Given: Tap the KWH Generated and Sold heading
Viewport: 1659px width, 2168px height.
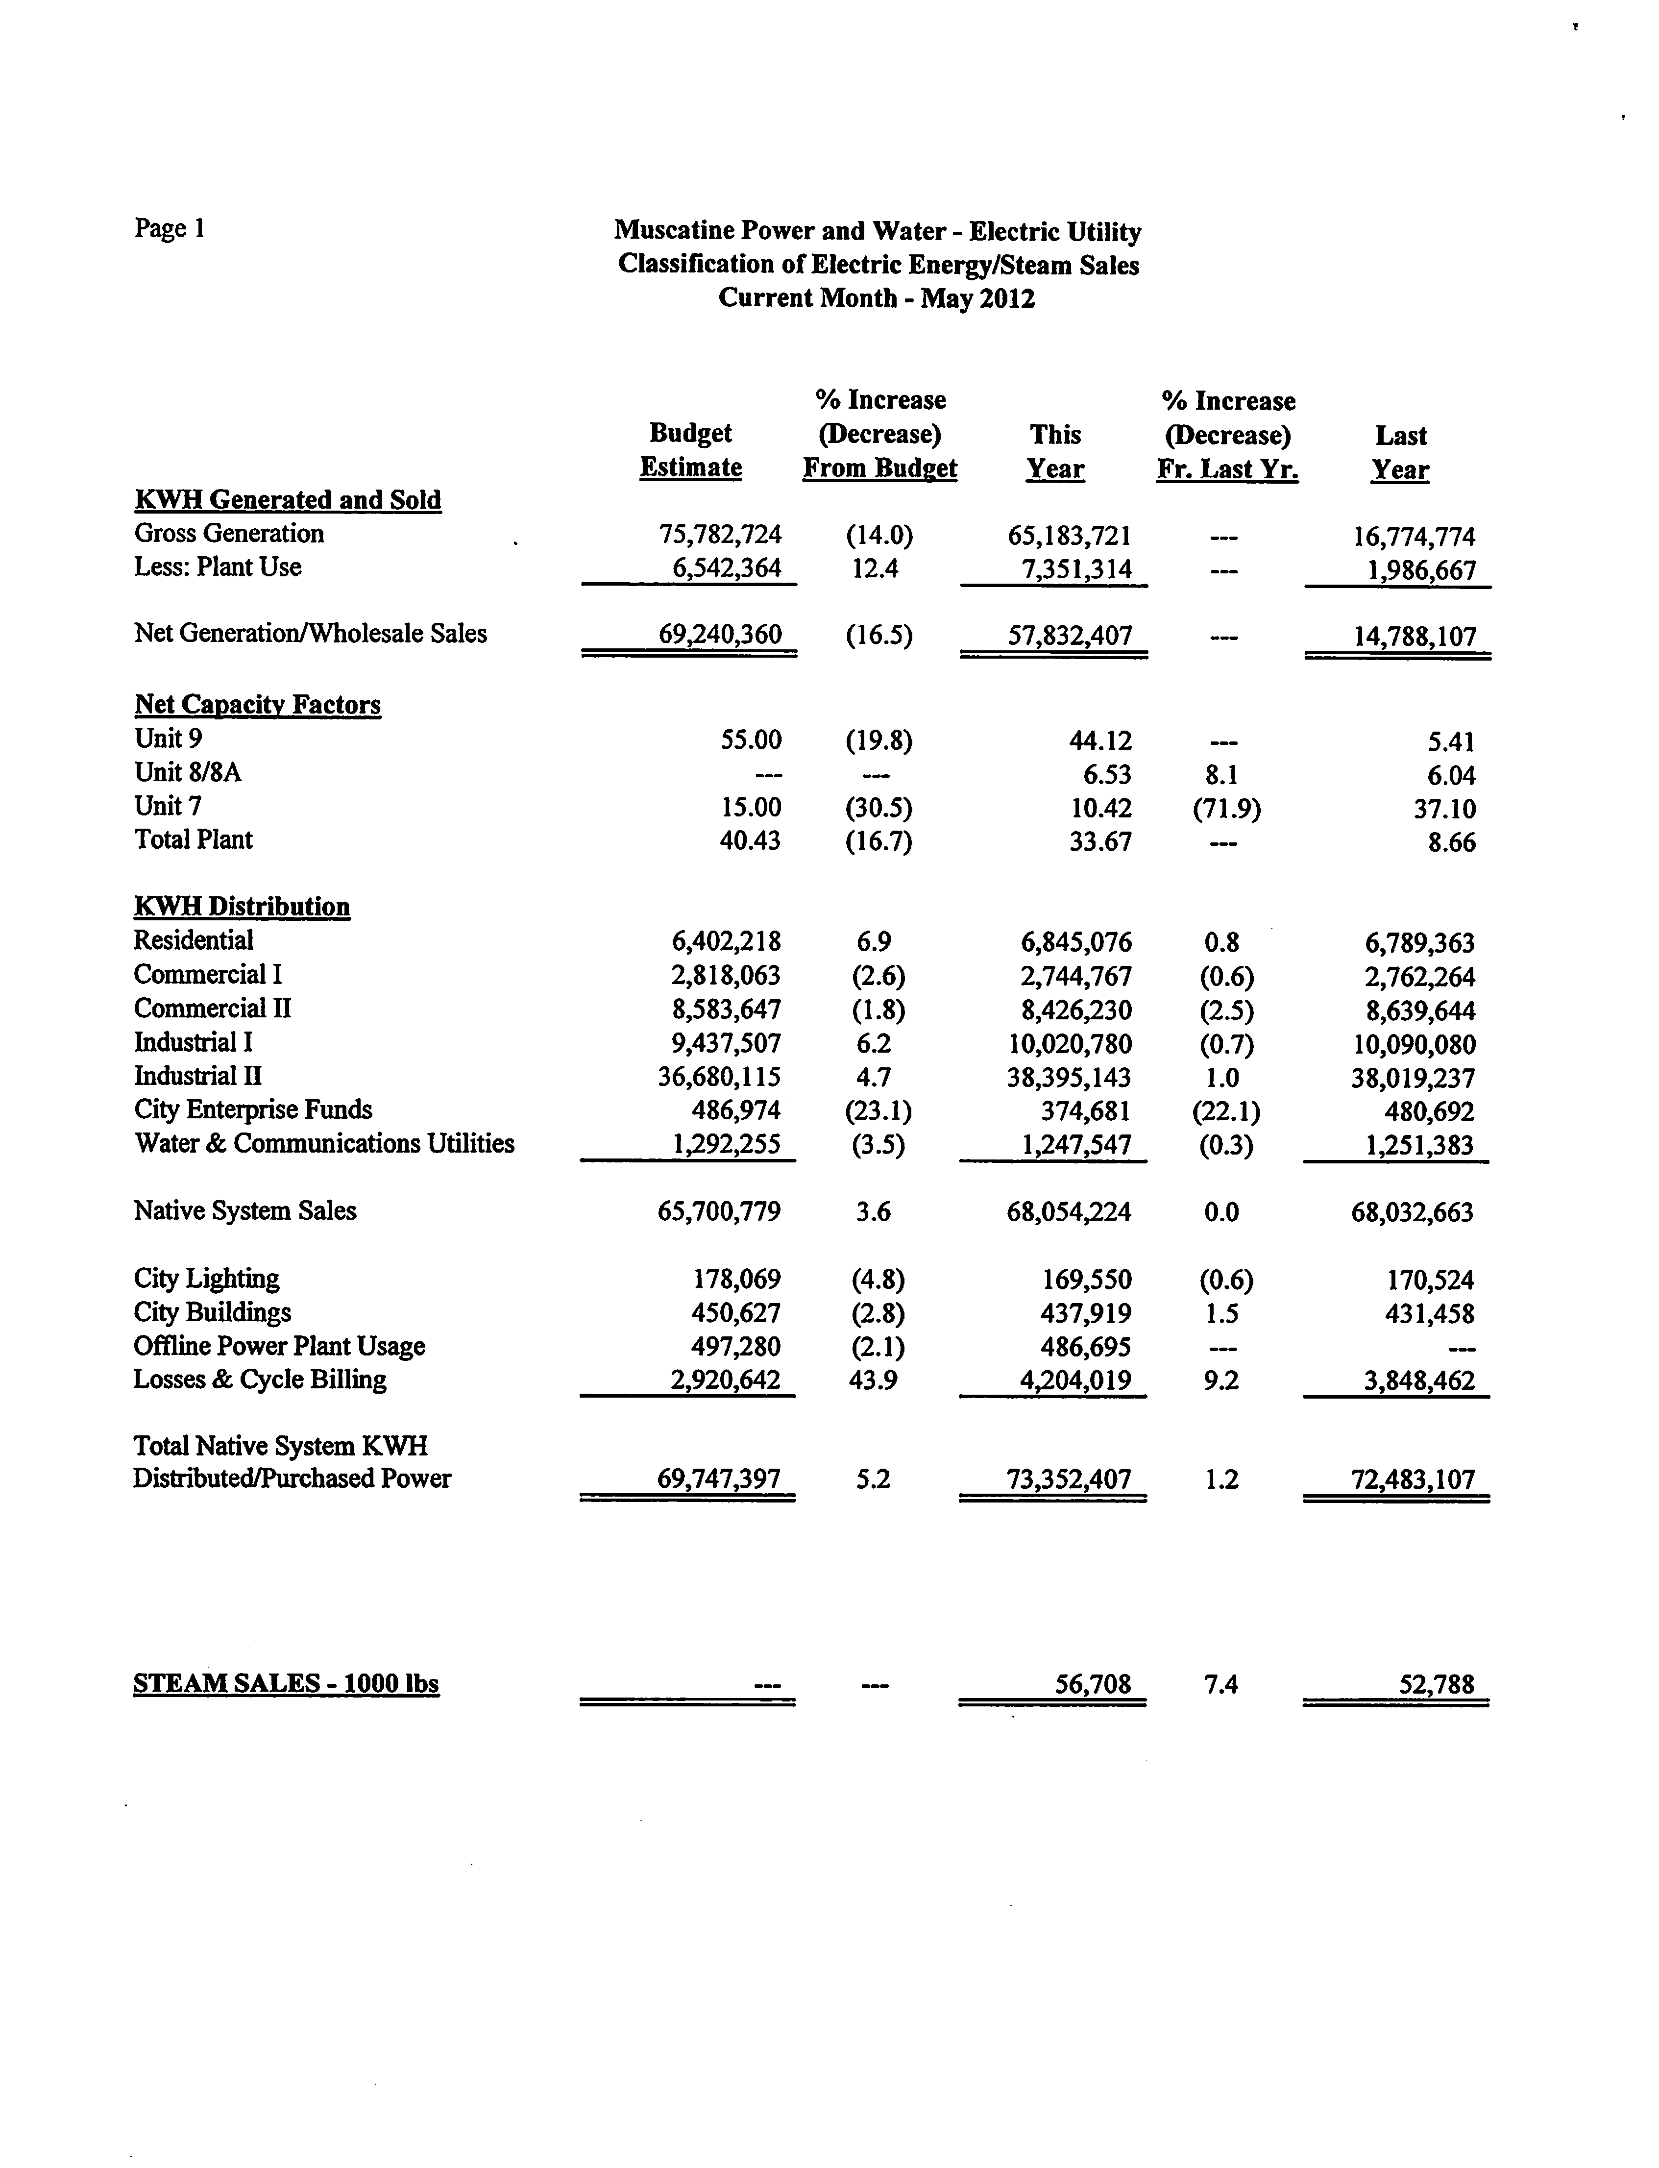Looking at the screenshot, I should pos(288,500).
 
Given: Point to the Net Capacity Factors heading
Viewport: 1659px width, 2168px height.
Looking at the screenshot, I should pos(258,704).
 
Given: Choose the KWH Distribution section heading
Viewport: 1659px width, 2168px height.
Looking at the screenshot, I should pos(242,907).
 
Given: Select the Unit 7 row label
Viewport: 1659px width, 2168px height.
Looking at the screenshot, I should pos(168,806).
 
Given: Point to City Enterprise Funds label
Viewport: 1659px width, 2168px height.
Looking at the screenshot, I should pos(253,1110).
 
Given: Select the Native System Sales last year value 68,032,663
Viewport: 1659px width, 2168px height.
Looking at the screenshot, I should pos(1412,1212).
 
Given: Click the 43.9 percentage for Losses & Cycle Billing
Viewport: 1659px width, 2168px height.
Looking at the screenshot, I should pos(873,1380).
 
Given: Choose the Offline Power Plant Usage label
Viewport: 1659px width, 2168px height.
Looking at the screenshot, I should pos(279,1346).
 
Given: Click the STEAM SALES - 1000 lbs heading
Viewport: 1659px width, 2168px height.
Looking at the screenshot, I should pos(285,1683).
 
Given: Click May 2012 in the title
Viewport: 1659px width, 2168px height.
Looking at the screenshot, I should pos(977,298).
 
